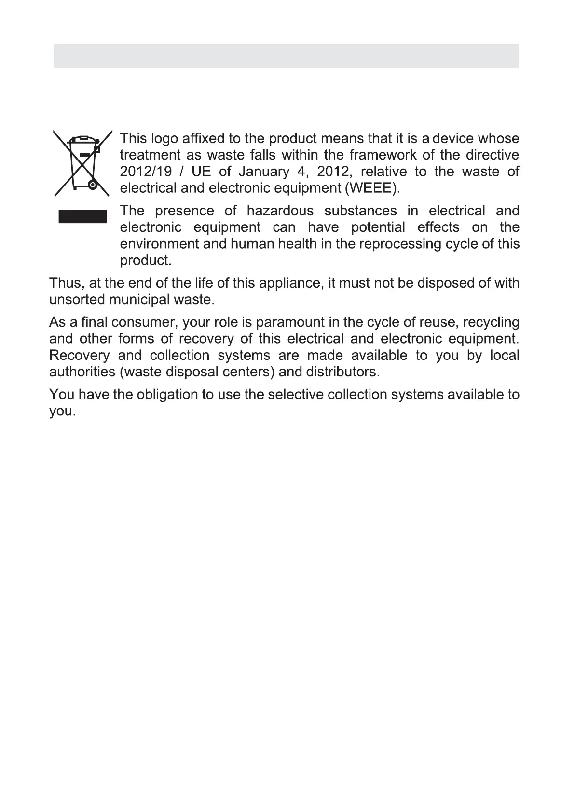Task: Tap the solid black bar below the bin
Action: click(82, 216)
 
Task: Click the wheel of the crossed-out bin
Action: click(93, 184)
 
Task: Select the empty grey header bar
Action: click(286, 56)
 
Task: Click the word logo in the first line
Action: click(164, 139)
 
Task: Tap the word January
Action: click(264, 172)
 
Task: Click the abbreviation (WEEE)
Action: click(372, 188)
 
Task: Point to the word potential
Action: click(378, 227)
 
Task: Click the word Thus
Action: click(65, 283)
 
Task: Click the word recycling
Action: click(491, 322)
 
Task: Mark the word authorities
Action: click(82, 372)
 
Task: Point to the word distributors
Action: click(342, 372)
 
